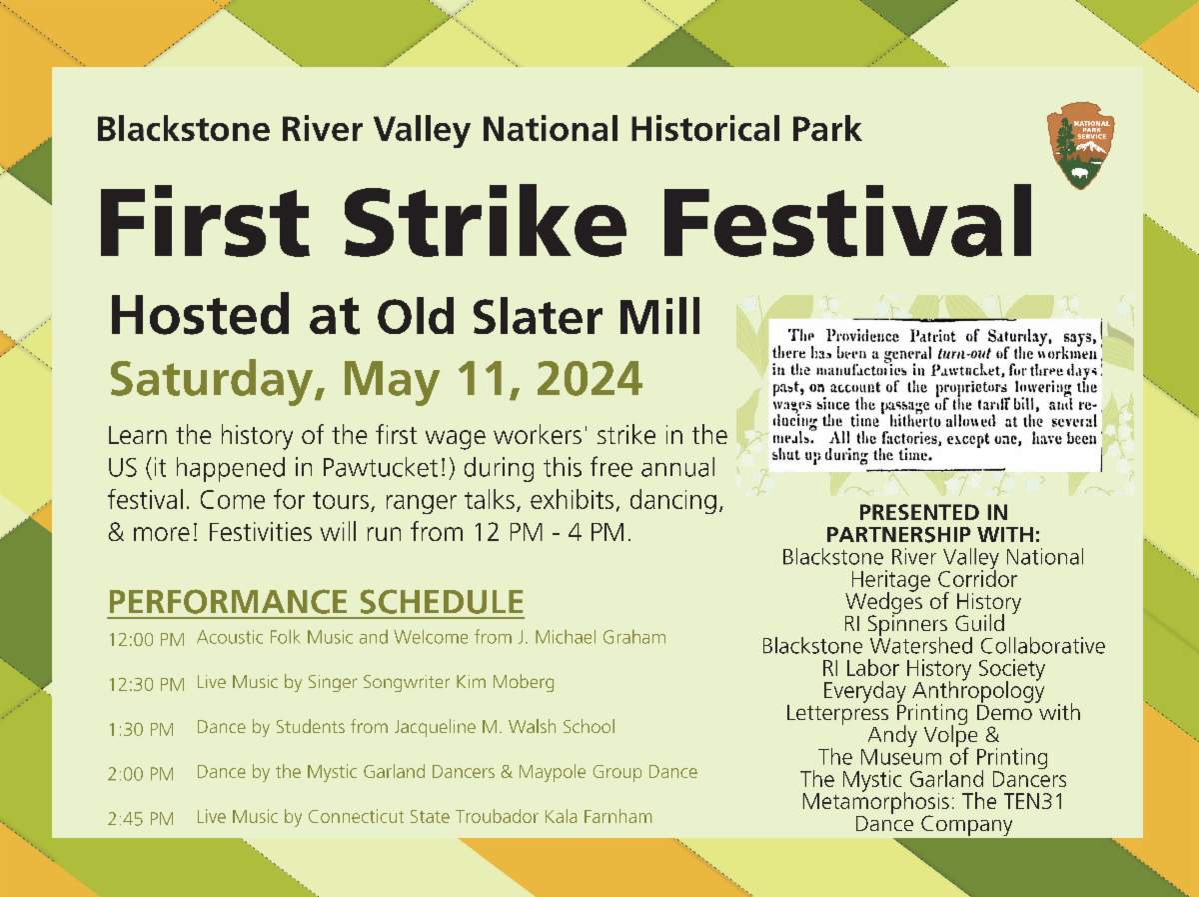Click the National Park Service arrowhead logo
click(x=1080, y=146)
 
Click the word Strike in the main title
click(x=485, y=221)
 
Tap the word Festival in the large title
click(x=846, y=221)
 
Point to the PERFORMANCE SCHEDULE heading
click(x=316, y=602)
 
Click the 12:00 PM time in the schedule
click(x=147, y=639)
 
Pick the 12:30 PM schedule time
click(x=147, y=684)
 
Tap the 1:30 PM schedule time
click(x=141, y=729)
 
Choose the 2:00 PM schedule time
click(x=141, y=774)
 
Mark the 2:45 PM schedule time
click(x=141, y=819)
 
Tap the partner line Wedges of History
click(x=933, y=602)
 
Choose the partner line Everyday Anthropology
click(x=933, y=691)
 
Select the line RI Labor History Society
click(x=933, y=669)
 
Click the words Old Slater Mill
click(x=539, y=316)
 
